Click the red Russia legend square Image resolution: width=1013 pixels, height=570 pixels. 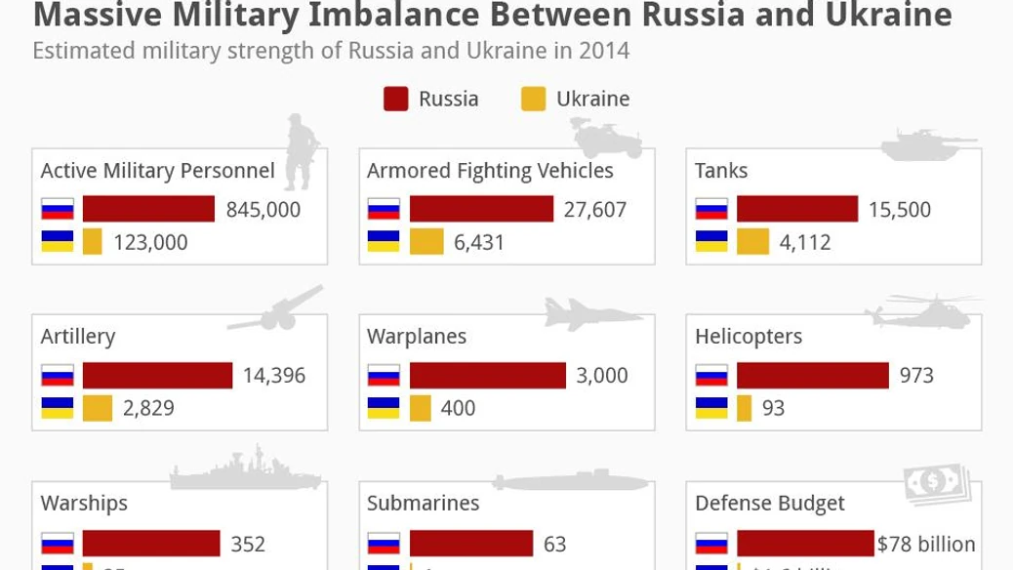pos(395,99)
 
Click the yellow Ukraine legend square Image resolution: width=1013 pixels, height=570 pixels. pos(533,99)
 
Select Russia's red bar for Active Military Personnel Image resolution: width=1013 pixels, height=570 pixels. pos(148,209)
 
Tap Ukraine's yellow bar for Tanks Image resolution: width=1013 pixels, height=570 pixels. pos(752,242)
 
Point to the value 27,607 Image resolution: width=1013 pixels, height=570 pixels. pos(594,210)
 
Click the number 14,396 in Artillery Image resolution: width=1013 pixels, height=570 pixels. pos(273,376)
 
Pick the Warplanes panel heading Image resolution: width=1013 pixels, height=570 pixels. pos(417,337)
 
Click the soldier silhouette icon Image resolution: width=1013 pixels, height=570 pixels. pos(299,152)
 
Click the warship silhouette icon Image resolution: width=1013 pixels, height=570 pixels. pos(231,469)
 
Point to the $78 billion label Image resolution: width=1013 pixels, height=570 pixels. pos(926,545)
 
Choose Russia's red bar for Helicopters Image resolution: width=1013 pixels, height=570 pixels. pos(813,376)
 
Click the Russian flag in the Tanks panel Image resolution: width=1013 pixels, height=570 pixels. pos(711,210)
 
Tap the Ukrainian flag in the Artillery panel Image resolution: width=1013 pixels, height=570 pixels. pos(58,408)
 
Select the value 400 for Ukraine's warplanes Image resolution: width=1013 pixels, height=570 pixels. pos(458,408)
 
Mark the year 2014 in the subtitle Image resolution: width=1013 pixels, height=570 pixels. pos(605,51)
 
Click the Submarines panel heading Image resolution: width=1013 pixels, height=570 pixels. pos(423,504)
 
